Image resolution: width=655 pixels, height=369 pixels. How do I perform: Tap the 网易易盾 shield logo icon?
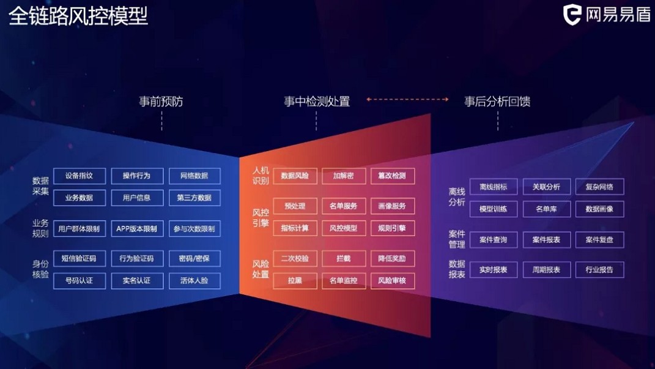tap(572, 14)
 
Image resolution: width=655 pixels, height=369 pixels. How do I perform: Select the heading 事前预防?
tap(161, 102)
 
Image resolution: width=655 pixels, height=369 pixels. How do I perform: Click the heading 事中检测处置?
tap(317, 102)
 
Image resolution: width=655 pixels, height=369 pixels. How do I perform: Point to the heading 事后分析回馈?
tap(497, 102)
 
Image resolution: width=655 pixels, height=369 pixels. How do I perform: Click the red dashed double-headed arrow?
tap(408, 99)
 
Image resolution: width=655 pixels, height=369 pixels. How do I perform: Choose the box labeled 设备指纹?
tap(79, 176)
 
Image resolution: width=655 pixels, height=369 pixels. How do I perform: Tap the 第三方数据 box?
tap(194, 198)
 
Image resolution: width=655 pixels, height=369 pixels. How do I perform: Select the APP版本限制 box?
tap(136, 229)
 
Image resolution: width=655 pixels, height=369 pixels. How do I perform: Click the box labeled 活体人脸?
tap(194, 281)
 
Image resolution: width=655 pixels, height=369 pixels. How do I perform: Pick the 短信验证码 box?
tap(79, 258)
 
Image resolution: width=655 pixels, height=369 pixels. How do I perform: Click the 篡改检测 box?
tap(392, 176)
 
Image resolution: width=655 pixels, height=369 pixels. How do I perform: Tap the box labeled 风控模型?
tap(343, 228)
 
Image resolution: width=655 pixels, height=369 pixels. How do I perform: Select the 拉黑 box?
tap(295, 281)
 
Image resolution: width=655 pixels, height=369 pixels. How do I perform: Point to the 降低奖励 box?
tap(392, 258)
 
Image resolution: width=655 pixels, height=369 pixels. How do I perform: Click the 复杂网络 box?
tap(599, 187)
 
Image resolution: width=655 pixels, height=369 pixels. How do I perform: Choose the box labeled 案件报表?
tap(546, 240)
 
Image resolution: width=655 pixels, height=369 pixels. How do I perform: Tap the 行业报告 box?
tap(599, 269)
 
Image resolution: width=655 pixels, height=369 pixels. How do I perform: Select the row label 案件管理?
tap(457, 239)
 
